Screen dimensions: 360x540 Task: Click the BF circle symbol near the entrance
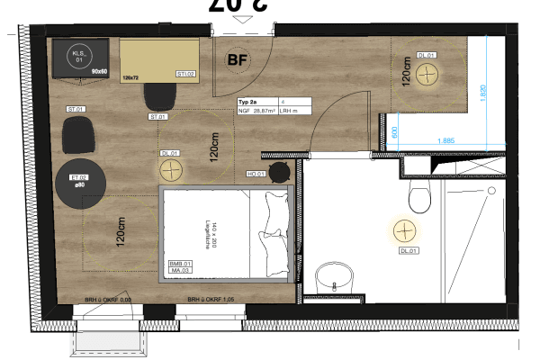click(x=238, y=60)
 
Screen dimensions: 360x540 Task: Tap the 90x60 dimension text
click(x=98, y=69)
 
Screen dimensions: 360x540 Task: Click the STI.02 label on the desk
click(x=186, y=73)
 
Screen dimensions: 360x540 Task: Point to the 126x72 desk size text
click(x=130, y=78)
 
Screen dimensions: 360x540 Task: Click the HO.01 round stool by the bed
click(x=282, y=173)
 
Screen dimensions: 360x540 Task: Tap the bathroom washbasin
click(x=334, y=277)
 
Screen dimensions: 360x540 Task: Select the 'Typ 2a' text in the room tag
click(x=248, y=102)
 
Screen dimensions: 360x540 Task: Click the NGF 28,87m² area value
click(x=256, y=112)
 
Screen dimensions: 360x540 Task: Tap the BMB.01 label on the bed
click(x=180, y=264)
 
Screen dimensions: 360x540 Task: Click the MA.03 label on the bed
click(x=179, y=271)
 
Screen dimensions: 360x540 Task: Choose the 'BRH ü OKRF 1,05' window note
click(x=211, y=299)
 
